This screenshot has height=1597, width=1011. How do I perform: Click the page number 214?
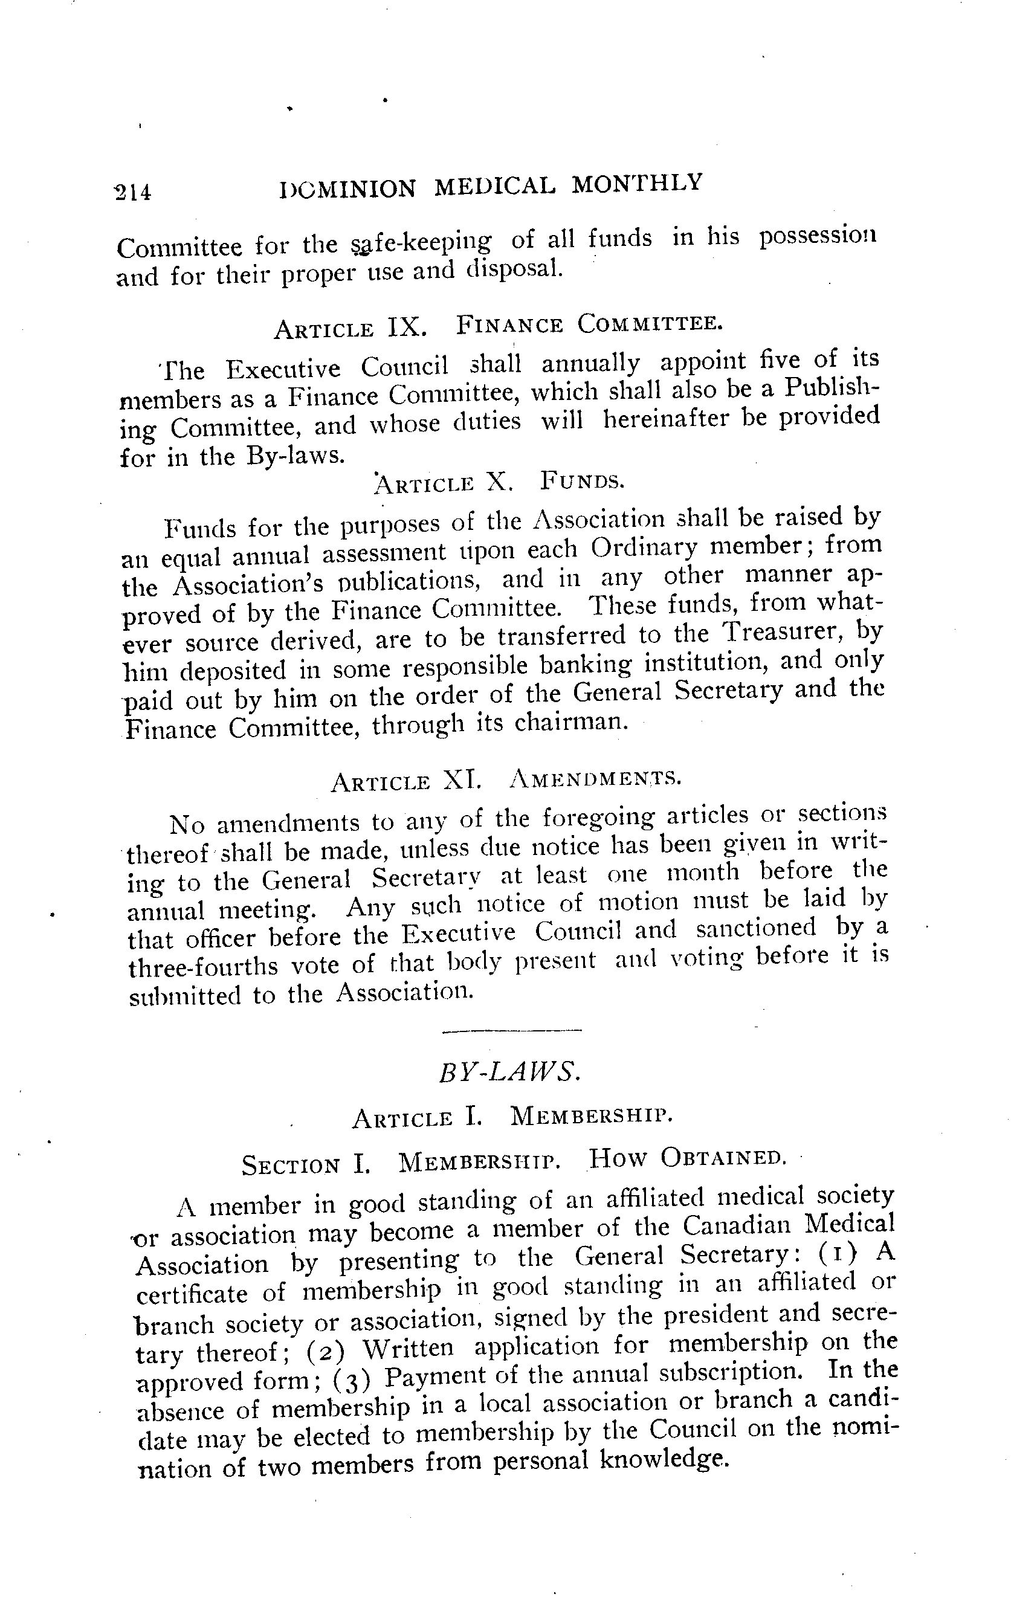pyautogui.click(x=134, y=192)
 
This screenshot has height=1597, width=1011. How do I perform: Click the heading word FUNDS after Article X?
pyautogui.click(x=582, y=480)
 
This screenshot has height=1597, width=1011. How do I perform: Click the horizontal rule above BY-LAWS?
pyautogui.click(x=511, y=1031)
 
